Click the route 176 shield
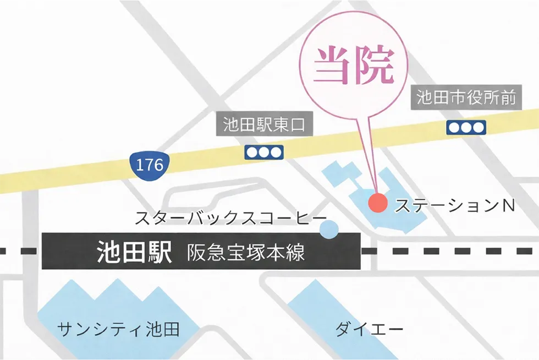[150, 163]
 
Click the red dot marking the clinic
[377, 203]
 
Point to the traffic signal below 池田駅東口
[264, 152]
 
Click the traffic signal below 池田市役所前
[465, 128]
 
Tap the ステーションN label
[455, 206]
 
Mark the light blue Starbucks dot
[329, 230]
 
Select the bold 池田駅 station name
[134, 253]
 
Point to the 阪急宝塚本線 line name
[246, 254]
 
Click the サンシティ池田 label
[118, 330]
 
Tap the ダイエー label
[369, 330]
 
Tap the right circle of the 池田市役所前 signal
[479, 128]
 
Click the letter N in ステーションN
[508, 206]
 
